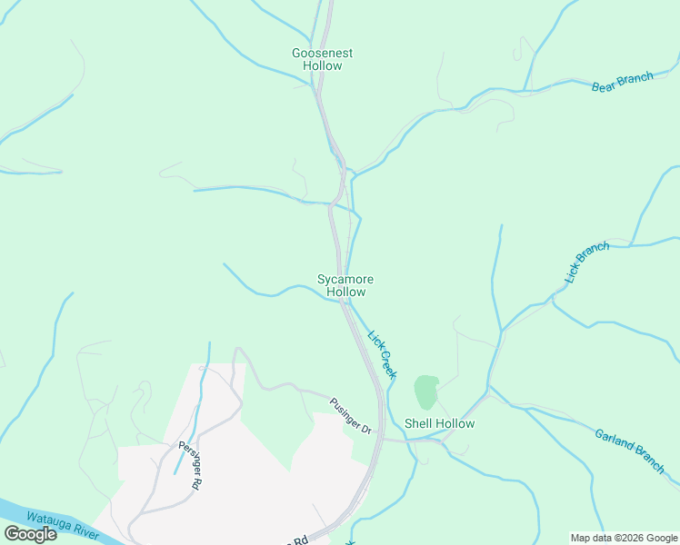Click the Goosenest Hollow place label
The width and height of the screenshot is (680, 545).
coord(322,59)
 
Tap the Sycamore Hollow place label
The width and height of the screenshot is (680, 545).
coord(345,286)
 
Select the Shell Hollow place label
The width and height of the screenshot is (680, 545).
coord(439,423)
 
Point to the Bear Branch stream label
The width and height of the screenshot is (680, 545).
coord(622,83)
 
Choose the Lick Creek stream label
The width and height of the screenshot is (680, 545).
coord(382,352)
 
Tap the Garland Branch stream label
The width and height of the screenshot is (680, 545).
coord(629,449)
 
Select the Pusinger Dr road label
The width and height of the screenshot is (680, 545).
coord(351,416)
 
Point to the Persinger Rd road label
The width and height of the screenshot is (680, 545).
coord(189,466)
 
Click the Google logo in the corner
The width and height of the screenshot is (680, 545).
coord(30,534)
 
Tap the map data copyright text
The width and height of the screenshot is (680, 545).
coord(623,538)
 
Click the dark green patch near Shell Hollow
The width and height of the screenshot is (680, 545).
coord(425,391)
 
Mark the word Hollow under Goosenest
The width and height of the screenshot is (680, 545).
coord(322,66)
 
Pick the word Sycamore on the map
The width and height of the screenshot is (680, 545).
coord(345,280)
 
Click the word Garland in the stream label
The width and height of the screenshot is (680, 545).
coord(615,441)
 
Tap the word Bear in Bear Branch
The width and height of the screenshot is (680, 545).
coord(604,87)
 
